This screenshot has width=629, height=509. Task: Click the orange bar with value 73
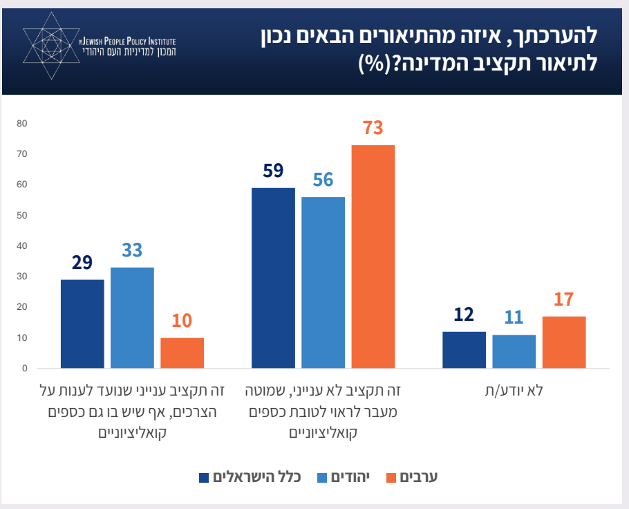373,257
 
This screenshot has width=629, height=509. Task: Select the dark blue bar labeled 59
273,278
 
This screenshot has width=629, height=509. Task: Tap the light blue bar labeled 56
323,283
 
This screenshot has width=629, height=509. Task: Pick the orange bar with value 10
182,353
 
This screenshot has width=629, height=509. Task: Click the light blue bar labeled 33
132,318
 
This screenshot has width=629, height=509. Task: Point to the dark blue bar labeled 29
82,324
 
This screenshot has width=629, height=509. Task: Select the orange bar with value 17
563,342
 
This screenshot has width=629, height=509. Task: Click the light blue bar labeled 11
514,352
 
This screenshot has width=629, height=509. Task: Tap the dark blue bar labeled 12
464,350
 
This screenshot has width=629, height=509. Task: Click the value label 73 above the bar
373,129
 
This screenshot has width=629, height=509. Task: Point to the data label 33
132,250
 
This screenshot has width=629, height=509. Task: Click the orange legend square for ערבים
391,477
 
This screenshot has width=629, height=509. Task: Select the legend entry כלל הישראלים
256,477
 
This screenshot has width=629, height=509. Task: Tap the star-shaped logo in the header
48,47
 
